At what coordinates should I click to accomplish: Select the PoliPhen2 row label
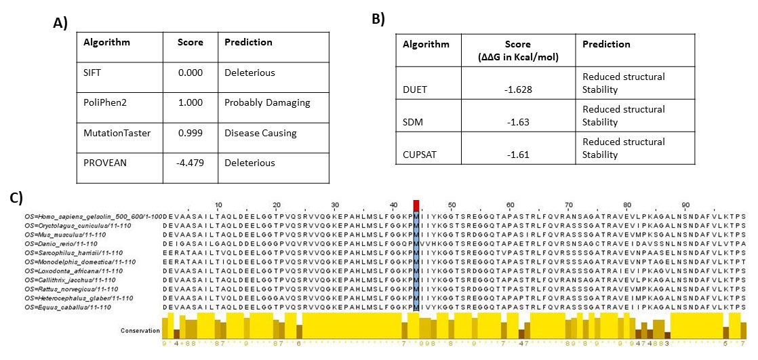(x=104, y=102)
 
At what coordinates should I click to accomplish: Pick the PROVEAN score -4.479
(x=190, y=163)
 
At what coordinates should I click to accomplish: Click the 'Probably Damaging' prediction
(x=267, y=102)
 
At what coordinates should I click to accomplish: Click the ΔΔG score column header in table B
(x=517, y=50)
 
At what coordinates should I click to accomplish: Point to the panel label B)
(x=378, y=20)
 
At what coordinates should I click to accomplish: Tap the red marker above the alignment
(x=416, y=205)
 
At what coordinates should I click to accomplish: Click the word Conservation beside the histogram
(x=140, y=330)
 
